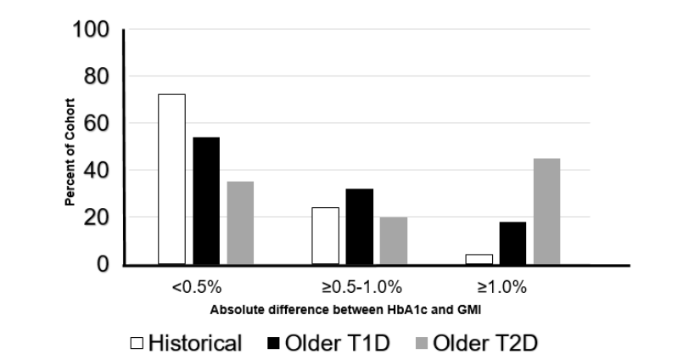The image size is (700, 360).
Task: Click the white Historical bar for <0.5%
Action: point(171,179)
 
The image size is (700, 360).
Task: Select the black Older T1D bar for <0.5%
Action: point(206,200)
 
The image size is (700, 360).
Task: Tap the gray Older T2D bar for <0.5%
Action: point(240,222)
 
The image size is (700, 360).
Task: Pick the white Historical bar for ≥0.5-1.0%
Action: point(325,236)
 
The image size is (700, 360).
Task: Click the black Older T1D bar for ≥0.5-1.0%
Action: point(360,227)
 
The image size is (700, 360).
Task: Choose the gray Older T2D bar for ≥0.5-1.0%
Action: point(394,240)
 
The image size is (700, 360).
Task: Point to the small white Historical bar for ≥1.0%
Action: point(479,259)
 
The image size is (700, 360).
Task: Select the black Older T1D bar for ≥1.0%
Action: point(512,243)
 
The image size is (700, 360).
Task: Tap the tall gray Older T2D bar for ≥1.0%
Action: point(546,211)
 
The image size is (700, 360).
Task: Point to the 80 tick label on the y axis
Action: point(94,77)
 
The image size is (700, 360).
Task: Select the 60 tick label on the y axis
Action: point(94,124)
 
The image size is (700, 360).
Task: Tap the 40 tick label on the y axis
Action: point(94,171)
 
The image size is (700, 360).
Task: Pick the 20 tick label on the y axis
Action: point(94,218)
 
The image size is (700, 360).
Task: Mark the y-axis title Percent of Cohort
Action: point(71,153)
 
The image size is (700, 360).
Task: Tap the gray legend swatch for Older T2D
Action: point(420,343)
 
